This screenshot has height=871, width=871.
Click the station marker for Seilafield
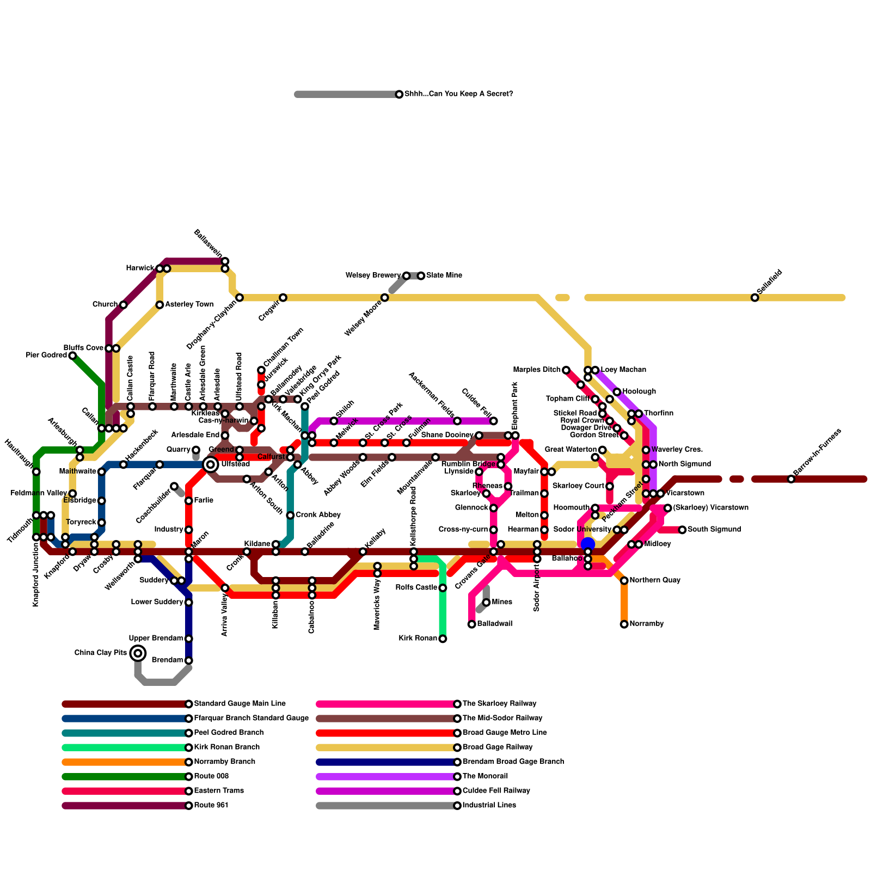[x=755, y=298]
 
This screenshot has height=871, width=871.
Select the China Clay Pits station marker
[x=138, y=653]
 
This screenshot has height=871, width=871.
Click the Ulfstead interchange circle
[x=211, y=464]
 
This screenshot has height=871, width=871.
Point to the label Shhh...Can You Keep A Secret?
[x=458, y=94]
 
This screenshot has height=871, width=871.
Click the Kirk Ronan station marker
[x=443, y=639]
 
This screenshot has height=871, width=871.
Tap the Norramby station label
[x=647, y=624]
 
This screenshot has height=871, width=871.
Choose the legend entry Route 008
[x=211, y=776]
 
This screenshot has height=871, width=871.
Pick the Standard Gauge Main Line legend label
[x=240, y=704]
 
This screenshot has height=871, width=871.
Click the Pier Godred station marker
[x=72, y=355]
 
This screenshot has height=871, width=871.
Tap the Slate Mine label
[x=444, y=275]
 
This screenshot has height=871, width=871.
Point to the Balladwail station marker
[x=471, y=624]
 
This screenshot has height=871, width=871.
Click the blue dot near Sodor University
[x=588, y=544]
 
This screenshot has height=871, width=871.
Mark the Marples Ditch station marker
[x=566, y=370]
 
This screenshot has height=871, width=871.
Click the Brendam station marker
[x=188, y=660]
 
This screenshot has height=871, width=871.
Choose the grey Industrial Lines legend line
[x=387, y=806]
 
